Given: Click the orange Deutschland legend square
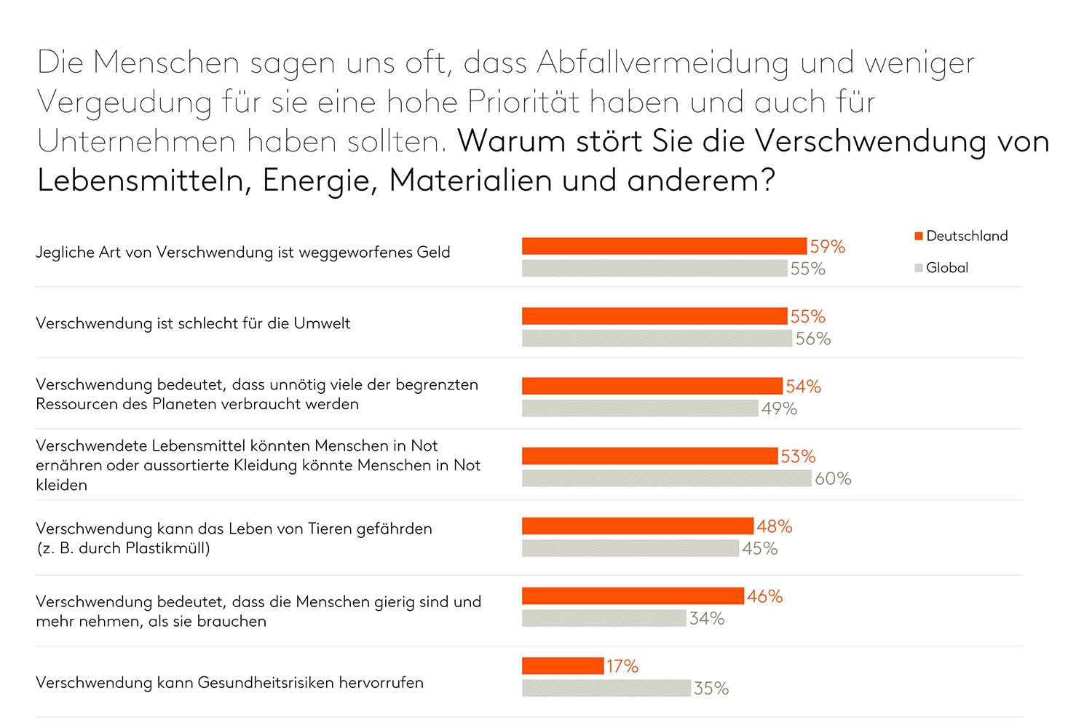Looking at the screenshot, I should click(919, 236).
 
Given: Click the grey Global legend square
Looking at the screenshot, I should click(919, 268).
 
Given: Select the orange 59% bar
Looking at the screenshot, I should click(664, 246).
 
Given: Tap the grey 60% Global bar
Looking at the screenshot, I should click(666, 478).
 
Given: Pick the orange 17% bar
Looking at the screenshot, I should click(563, 665).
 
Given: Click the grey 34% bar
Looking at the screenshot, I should click(604, 618).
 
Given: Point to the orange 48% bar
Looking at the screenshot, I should click(638, 526).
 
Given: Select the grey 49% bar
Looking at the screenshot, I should click(640, 408).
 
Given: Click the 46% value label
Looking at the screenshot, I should click(764, 596).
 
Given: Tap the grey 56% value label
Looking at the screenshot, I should click(812, 339).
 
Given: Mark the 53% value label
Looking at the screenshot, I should click(798, 456).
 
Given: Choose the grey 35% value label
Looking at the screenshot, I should click(711, 688).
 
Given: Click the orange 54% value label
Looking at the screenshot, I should click(803, 387).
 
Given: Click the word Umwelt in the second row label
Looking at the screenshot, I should click(322, 323).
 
